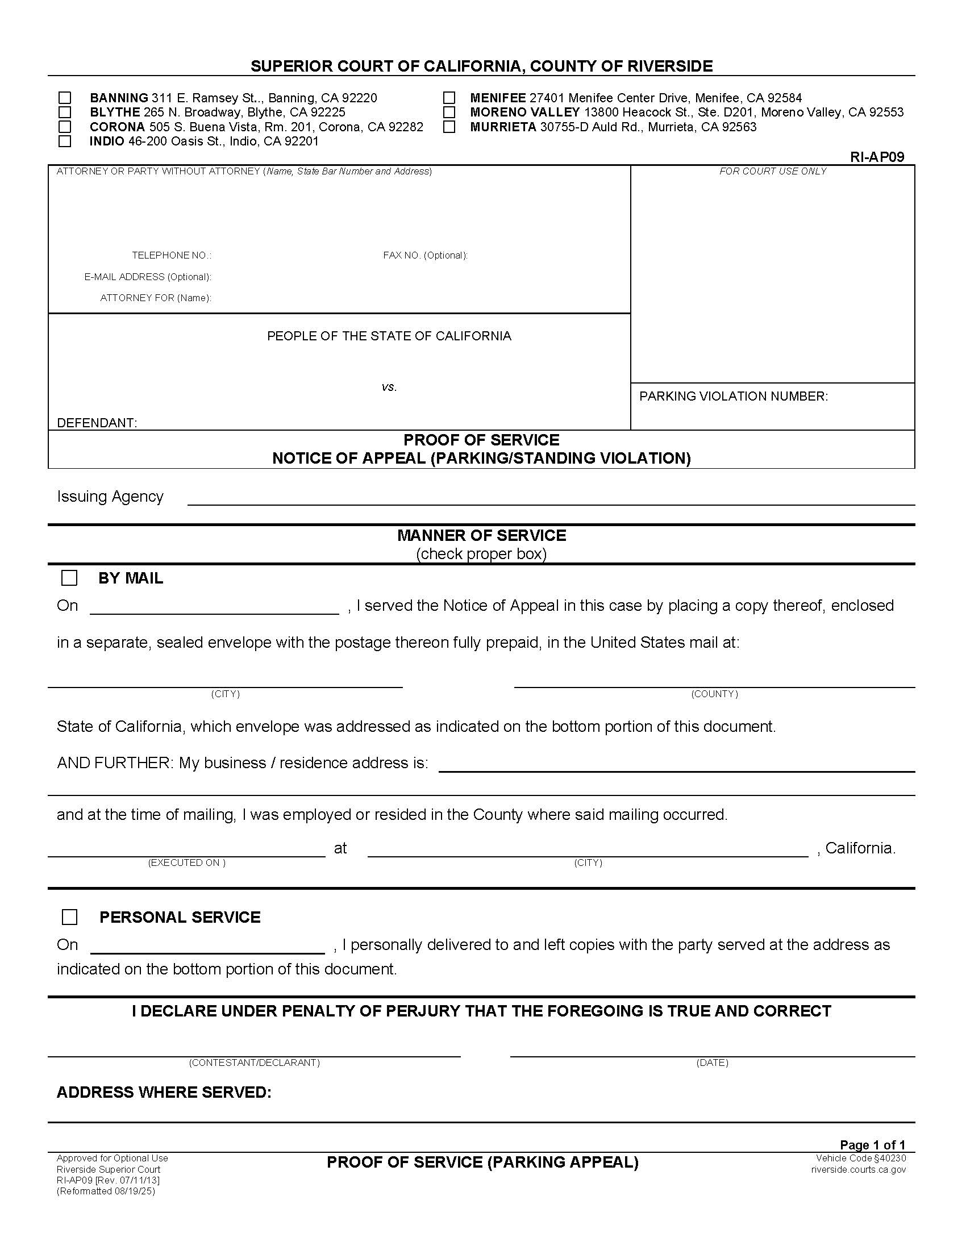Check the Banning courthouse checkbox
click(x=65, y=98)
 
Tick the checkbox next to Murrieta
click(x=449, y=127)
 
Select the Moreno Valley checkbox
click(x=449, y=112)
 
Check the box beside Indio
click(x=65, y=141)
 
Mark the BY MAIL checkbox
click(x=69, y=578)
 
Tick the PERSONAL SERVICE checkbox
click(x=69, y=918)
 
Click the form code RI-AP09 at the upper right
click(x=877, y=157)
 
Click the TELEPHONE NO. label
click(x=172, y=255)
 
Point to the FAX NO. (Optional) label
click(x=425, y=255)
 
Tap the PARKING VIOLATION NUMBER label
click(x=733, y=396)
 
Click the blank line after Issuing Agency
click(x=551, y=499)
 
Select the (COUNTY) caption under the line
click(x=714, y=694)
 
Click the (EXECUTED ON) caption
click(x=186, y=863)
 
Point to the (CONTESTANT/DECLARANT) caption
click(x=254, y=1062)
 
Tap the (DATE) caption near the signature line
click(x=712, y=1062)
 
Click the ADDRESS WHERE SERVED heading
click(x=164, y=1093)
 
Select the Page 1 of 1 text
click(x=872, y=1145)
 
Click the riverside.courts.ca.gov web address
click(x=858, y=1169)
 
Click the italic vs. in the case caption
click(x=389, y=388)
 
